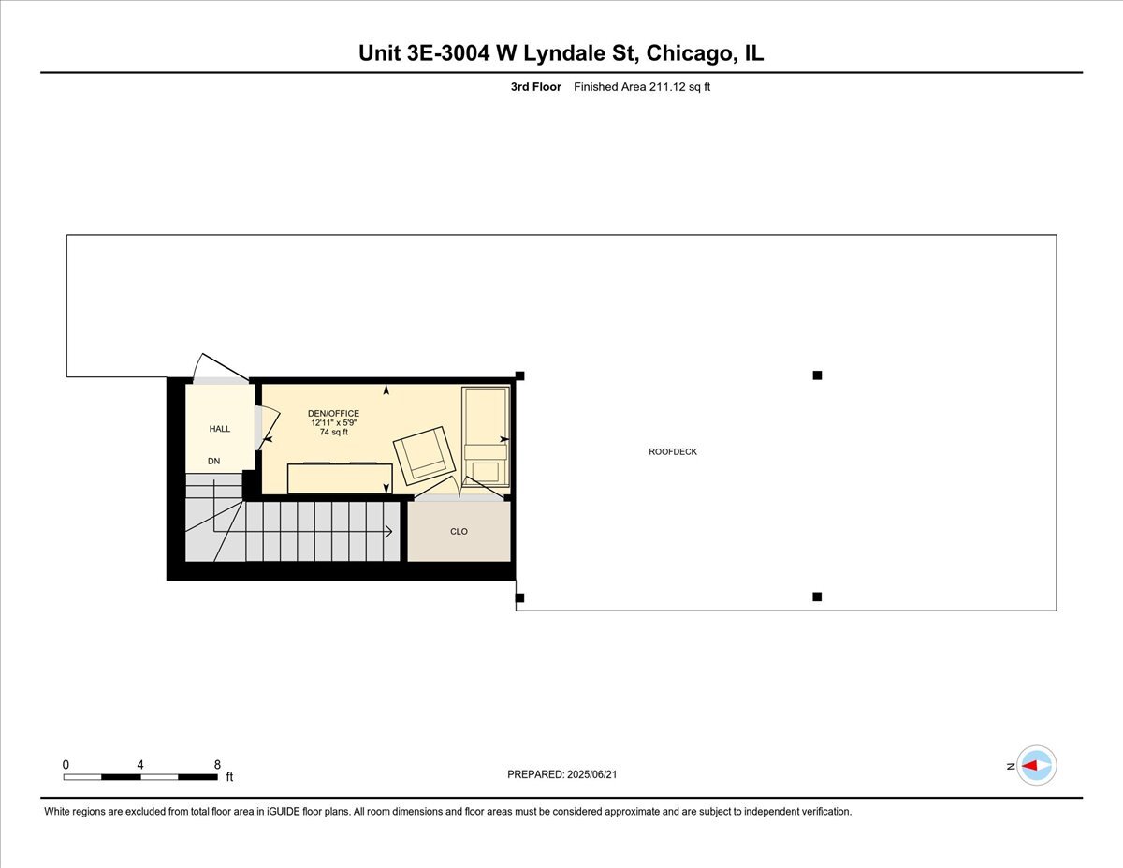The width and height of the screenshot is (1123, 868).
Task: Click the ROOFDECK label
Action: (x=673, y=452)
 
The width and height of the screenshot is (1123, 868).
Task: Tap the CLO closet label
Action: (x=459, y=532)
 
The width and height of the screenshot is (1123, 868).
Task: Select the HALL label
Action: (x=220, y=429)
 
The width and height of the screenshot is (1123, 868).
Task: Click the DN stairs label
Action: (x=214, y=461)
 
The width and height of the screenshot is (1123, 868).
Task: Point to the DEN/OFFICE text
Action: (x=334, y=413)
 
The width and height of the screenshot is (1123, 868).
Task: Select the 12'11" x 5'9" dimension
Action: (x=334, y=423)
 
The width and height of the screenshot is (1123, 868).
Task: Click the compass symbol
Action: (x=1037, y=765)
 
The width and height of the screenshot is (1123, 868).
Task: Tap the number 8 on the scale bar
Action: (x=217, y=764)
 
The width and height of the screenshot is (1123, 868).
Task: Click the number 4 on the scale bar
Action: (x=140, y=764)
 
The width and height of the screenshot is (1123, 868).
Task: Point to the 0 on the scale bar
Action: (x=66, y=764)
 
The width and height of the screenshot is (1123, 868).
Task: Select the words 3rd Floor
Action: (x=536, y=87)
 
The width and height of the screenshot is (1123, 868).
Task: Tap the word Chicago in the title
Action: (x=687, y=53)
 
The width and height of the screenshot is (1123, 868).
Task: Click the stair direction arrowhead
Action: (x=387, y=532)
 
